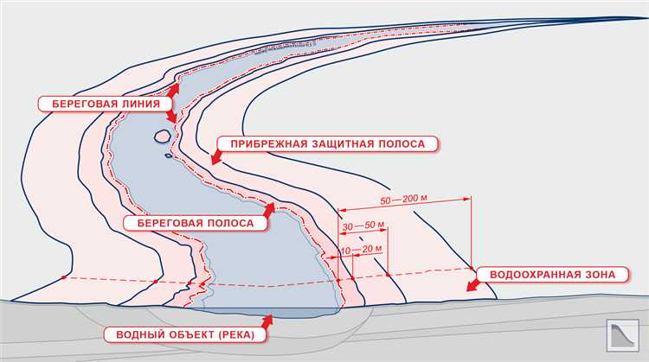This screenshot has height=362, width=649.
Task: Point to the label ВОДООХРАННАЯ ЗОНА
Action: [x=553, y=275]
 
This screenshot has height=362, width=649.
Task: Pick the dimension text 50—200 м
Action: [x=403, y=200]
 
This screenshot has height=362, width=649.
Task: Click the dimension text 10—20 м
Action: [x=362, y=251]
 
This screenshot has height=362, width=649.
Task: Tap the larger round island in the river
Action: [x=162, y=135]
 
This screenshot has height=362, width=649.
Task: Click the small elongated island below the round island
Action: [x=170, y=156]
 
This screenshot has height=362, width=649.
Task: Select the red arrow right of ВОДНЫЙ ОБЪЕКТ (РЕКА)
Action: [x=266, y=321]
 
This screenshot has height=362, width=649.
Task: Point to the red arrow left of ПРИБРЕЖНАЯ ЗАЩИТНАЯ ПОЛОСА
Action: [x=215, y=156]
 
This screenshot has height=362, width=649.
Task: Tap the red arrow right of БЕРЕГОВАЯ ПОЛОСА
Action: [x=269, y=210]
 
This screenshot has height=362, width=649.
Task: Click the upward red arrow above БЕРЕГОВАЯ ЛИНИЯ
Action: [x=175, y=88]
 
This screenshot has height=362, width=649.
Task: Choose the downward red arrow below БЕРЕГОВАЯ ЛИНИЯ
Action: [x=171, y=116]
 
